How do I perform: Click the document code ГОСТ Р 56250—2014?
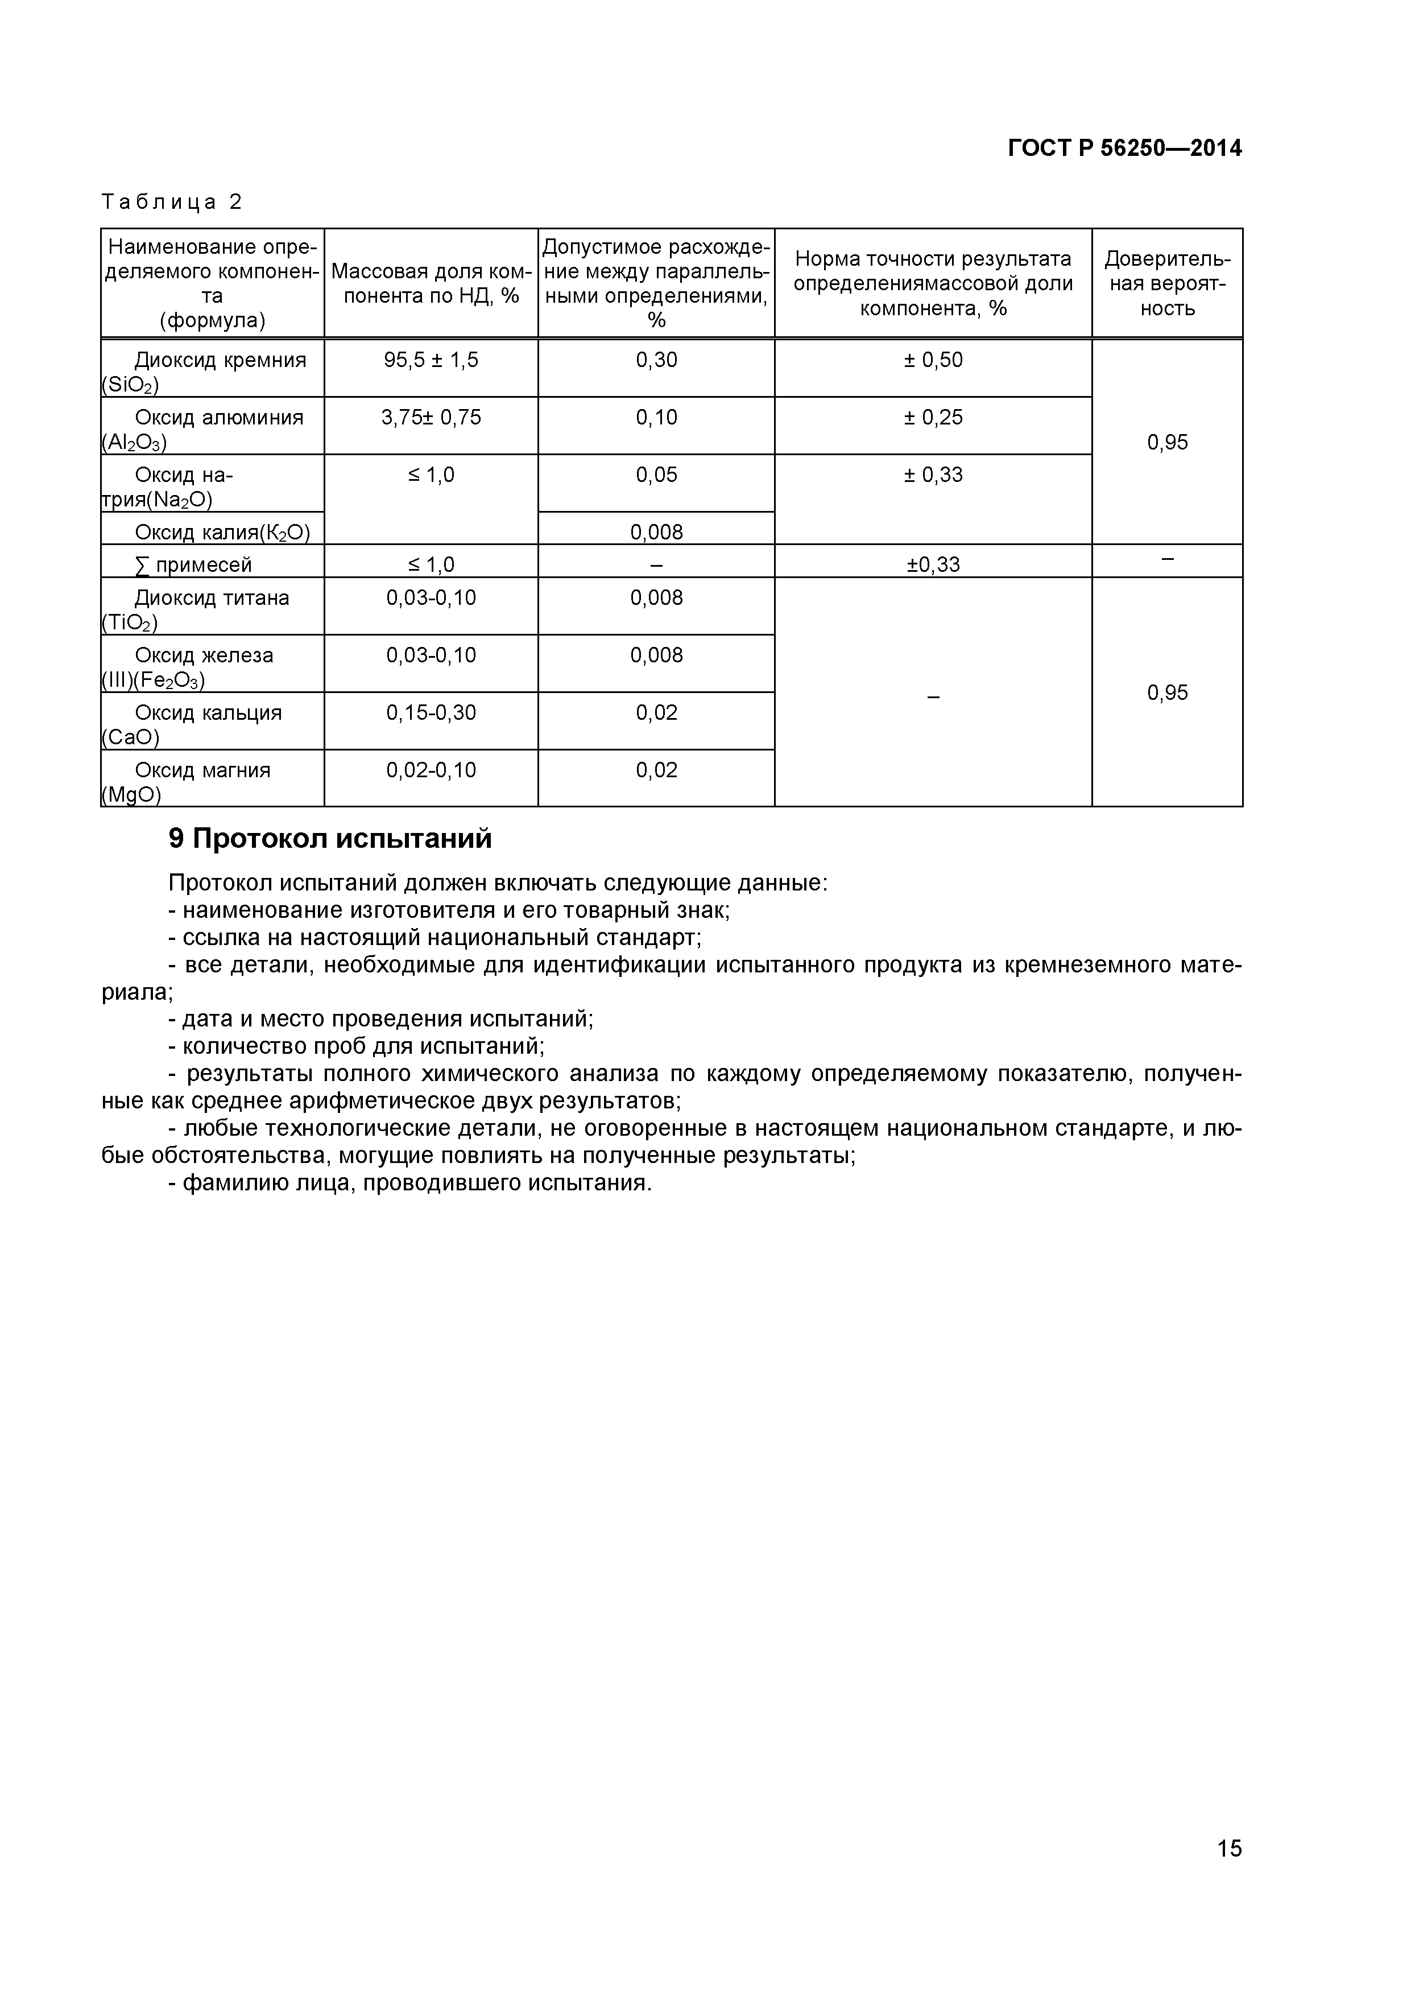pyautogui.click(x=1124, y=149)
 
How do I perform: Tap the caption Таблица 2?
pyautogui.click(x=171, y=203)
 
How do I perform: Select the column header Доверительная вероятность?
pyautogui.click(x=1167, y=283)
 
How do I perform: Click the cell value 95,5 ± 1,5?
pyautogui.click(x=431, y=360)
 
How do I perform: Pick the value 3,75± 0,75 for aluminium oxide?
pyautogui.click(x=431, y=417)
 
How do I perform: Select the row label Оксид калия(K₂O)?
pyautogui.click(x=222, y=532)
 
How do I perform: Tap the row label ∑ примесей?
pyautogui.click(x=193, y=565)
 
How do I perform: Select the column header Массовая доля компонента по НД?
pyautogui.click(x=431, y=283)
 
